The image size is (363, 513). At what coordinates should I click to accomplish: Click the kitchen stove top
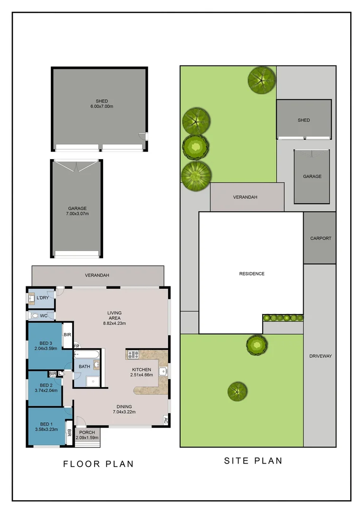pyautogui.click(x=133, y=354)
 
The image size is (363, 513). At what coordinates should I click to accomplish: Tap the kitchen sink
pyautogui.click(x=163, y=371)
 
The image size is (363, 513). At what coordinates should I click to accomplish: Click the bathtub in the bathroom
pyautogui.click(x=86, y=354)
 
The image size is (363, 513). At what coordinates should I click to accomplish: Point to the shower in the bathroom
pyautogui.click(x=93, y=380)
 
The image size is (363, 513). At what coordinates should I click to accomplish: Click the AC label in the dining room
pyautogui.click(x=165, y=419)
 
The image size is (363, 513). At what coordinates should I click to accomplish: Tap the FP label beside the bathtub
pyautogui.click(x=76, y=346)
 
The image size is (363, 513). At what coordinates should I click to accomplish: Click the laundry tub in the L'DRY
pyautogui.click(x=32, y=299)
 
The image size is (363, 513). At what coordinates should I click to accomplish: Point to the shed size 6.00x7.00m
pyautogui.click(x=102, y=106)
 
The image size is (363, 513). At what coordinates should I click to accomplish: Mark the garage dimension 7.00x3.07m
pyautogui.click(x=77, y=214)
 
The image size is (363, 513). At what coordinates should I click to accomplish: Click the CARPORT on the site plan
pyautogui.click(x=320, y=238)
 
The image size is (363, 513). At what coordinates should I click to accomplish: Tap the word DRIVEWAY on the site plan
pyautogui.click(x=321, y=356)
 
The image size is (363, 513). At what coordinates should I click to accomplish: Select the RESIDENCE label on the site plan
pyautogui.click(x=251, y=274)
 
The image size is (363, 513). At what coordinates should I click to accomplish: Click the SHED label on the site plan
pyautogui.click(x=304, y=120)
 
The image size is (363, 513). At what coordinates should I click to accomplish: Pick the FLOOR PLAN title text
pyautogui.click(x=98, y=464)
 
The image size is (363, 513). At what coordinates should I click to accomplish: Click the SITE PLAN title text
pyautogui.click(x=253, y=461)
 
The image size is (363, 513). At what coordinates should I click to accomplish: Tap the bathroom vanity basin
pyautogui.click(x=97, y=365)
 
